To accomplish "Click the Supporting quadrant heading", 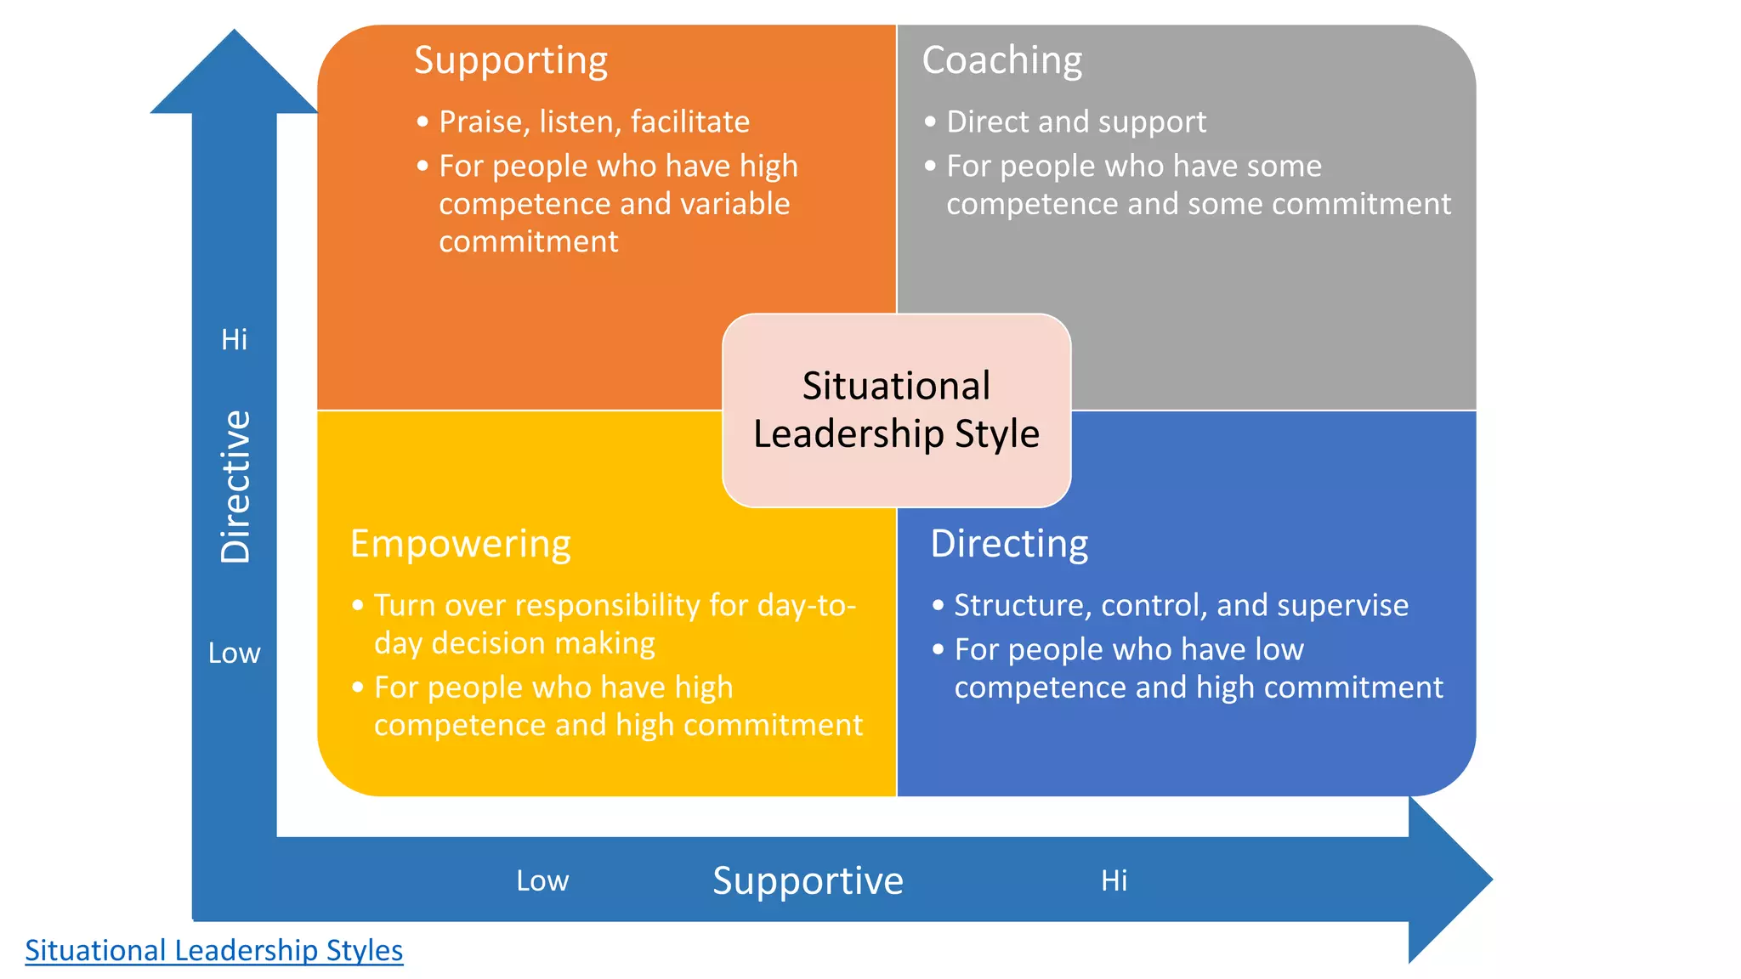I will (x=511, y=61).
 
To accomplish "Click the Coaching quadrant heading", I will (x=1001, y=61).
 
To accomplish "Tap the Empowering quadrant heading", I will (x=460, y=544).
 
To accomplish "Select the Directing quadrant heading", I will (x=1009, y=544).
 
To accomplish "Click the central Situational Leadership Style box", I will (x=896, y=410).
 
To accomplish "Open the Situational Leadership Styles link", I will (x=213, y=950).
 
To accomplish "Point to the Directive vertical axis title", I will (x=235, y=486).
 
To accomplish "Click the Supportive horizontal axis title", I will (x=808, y=880).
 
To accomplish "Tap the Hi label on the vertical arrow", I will (x=234, y=340).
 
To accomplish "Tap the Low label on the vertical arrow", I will (x=234, y=654).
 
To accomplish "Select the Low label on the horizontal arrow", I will (x=542, y=881).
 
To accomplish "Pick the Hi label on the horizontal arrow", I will (x=1114, y=881).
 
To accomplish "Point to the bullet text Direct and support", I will (x=1076, y=122).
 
